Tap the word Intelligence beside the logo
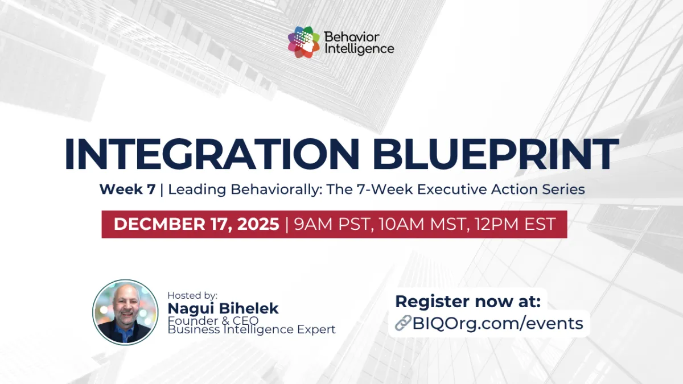click(359, 49)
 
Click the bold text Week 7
click(127, 189)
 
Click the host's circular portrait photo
click(125, 312)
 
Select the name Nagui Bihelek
click(223, 308)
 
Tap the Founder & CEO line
click(213, 320)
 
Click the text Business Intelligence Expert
click(252, 329)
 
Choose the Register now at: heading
click(468, 301)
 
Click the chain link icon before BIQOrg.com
click(404, 324)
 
